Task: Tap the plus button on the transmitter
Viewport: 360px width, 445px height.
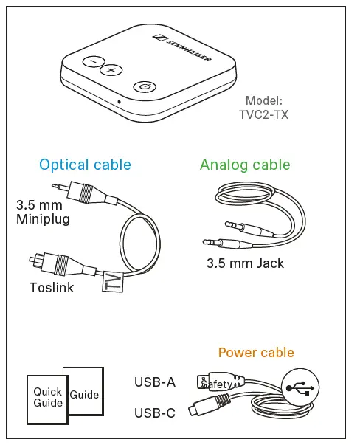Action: [x=111, y=71]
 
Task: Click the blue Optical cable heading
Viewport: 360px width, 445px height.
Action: [x=85, y=165]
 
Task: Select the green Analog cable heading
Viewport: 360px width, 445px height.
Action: [x=245, y=165]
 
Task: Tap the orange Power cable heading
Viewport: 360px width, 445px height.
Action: [x=255, y=353]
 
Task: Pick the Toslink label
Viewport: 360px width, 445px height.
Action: [x=52, y=288]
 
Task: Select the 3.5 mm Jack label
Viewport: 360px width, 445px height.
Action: [x=245, y=263]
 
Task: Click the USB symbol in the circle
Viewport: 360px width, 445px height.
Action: [x=301, y=387]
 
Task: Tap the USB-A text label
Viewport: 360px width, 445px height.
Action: [x=154, y=382]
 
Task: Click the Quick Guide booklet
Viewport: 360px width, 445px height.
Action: [x=47, y=399]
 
